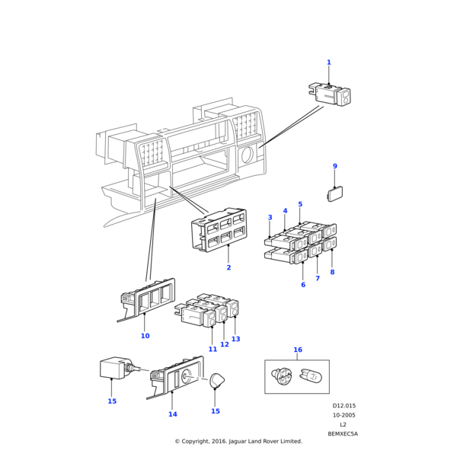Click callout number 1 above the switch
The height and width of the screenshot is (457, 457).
pyautogui.click(x=329, y=62)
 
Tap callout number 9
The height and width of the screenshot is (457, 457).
pyautogui.click(x=335, y=166)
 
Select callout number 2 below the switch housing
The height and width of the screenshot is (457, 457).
pyautogui.click(x=228, y=267)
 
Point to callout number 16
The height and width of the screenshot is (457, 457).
pyautogui.click(x=298, y=350)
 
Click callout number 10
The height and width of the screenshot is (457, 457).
pyautogui.click(x=145, y=336)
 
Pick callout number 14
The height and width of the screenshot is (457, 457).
pyautogui.click(x=173, y=414)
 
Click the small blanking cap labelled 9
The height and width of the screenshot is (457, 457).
pyautogui.click(x=335, y=193)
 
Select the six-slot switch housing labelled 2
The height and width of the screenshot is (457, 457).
pyautogui.click(x=219, y=230)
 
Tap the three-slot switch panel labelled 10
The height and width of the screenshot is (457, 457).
pyautogui.click(x=148, y=299)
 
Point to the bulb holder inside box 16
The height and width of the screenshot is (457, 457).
pyautogui.click(x=281, y=376)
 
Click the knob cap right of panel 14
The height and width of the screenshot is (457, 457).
pyautogui.click(x=217, y=380)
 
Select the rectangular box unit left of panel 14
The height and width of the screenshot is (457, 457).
pyautogui.click(x=112, y=368)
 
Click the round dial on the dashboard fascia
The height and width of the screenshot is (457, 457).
pyautogui.click(x=248, y=155)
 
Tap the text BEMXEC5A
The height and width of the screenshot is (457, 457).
pyautogui.click(x=343, y=434)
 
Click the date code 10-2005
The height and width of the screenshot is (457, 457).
pyautogui.click(x=344, y=415)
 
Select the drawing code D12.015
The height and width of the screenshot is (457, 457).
pyautogui.click(x=344, y=406)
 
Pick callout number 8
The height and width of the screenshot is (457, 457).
pyautogui.click(x=332, y=272)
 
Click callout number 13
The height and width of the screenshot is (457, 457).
pyautogui.click(x=235, y=339)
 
